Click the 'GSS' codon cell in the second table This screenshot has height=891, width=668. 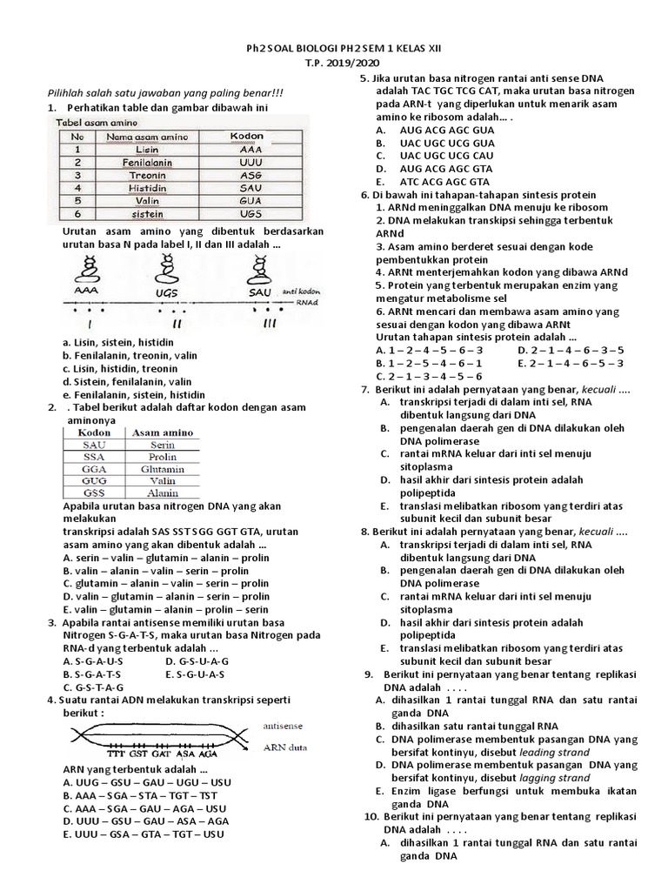pyautogui.click(x=94, y=493)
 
